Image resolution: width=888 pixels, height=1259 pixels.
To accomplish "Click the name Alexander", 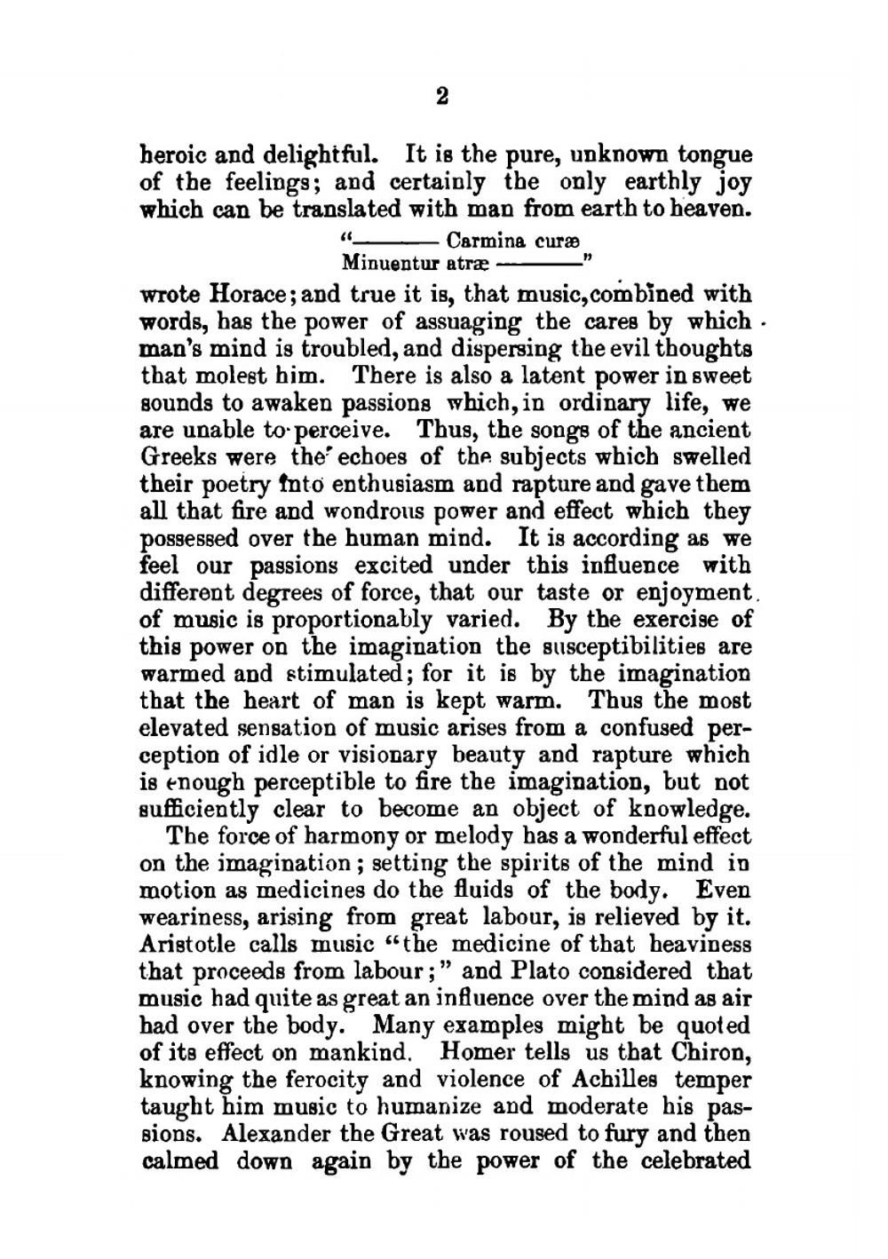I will point(277,1134).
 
